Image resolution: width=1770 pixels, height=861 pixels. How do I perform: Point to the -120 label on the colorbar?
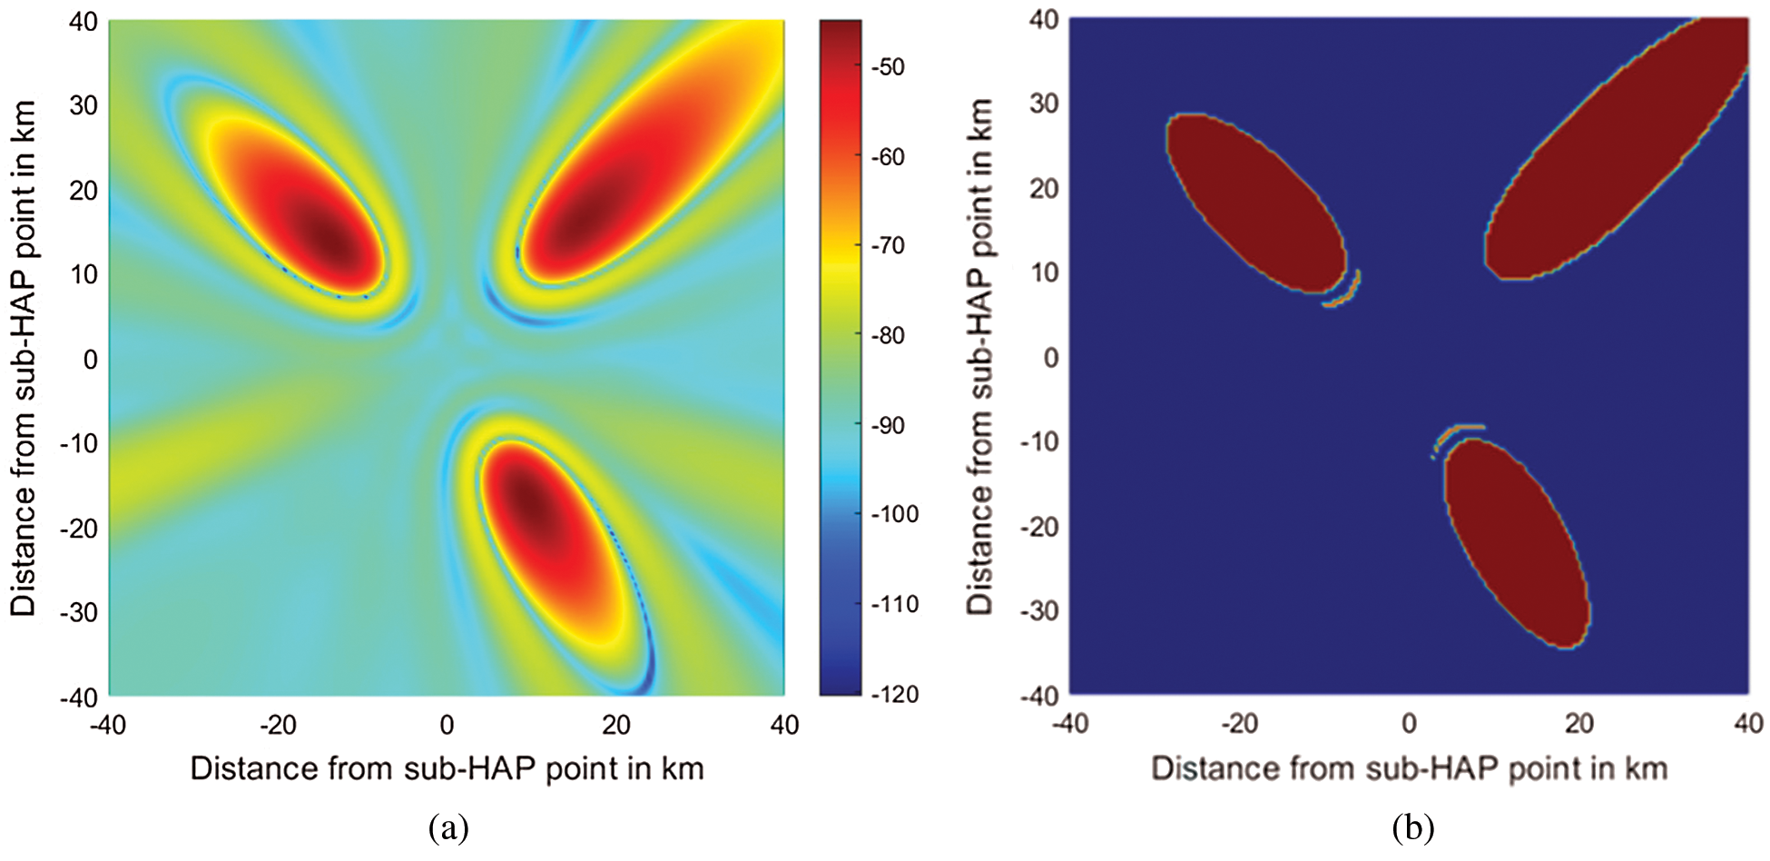[894, 695]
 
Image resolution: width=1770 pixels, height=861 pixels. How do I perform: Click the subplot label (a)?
[448, 827]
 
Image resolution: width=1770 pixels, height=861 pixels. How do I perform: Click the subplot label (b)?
[1412, 827]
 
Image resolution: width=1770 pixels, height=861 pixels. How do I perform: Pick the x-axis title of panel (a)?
[447, 768]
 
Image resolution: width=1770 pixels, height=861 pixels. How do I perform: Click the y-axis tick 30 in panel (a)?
[84, 105]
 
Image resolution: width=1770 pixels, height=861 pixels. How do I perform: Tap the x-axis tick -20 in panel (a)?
[278, 725]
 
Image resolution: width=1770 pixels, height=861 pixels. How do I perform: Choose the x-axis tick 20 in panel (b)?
[1579, 724]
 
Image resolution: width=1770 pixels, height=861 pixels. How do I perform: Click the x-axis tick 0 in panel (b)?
[1409, 724]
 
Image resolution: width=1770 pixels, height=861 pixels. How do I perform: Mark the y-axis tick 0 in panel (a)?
[90, 359]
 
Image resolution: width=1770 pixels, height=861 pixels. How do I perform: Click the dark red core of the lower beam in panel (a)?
[529, 500]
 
